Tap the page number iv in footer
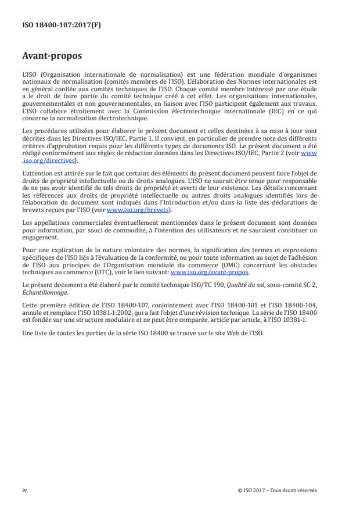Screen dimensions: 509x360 24,490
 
